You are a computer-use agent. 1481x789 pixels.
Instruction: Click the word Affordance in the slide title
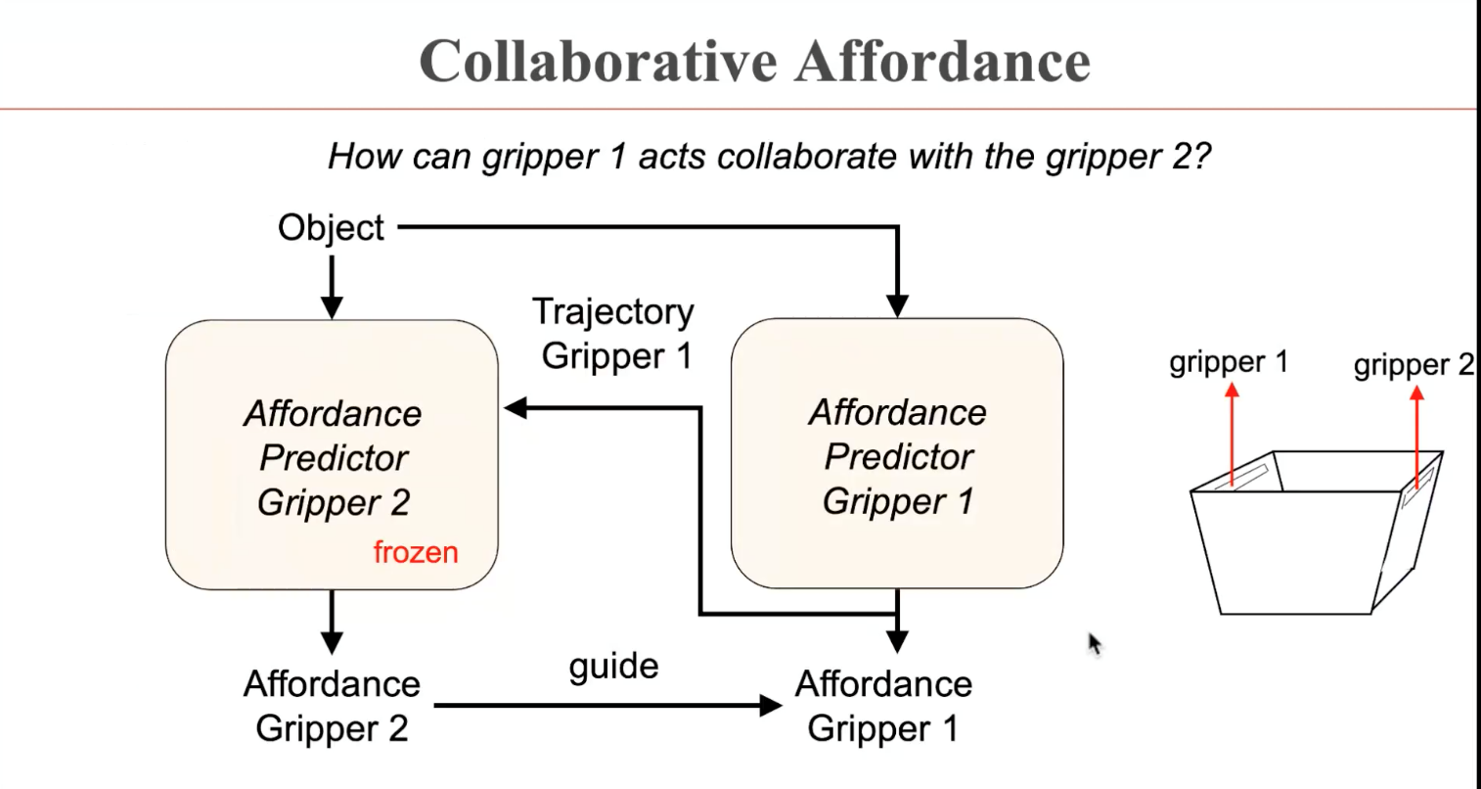[942, 61]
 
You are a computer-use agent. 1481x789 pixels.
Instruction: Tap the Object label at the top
[331, 228]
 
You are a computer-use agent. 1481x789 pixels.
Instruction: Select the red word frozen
[416, 552]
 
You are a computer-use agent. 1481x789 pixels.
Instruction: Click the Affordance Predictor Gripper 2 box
[332, 455]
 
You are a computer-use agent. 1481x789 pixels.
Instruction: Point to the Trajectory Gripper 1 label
[614, 334]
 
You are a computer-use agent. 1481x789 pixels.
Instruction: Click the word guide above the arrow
[613, 666]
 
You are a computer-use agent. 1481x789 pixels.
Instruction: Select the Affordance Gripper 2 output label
[332, 706]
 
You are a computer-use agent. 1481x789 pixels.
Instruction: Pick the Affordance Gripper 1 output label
[883, 706]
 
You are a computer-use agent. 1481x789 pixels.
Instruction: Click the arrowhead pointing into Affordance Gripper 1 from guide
[772, 705]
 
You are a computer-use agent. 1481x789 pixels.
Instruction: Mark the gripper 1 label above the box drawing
[1229, 363]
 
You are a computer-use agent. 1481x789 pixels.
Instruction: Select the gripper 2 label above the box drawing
[1413, 366]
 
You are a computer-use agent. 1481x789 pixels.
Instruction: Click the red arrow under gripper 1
[1233, 431]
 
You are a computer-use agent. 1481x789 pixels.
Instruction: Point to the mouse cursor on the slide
[1095, 643]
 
